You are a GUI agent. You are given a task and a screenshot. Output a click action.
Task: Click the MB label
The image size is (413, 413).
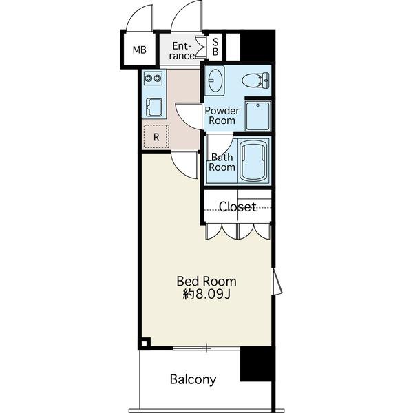tap(139, 50)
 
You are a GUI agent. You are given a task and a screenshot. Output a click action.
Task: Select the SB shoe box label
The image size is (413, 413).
tap(215, 47)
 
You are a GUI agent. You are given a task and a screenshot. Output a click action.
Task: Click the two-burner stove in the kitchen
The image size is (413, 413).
tap(153, 78)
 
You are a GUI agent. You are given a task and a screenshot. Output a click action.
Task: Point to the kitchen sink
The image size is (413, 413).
tap(154, 107)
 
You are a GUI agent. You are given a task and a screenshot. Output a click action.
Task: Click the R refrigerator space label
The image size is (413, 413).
tap(156, 137)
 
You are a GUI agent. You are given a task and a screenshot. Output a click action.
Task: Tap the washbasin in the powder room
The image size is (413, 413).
tap(215, 81)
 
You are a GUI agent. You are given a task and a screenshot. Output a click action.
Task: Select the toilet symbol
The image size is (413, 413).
tap(255, 81)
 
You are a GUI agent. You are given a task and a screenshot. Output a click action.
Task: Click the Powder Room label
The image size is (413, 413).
tap(222, 116)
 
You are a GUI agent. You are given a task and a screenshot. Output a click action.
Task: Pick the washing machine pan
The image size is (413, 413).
tap(258, 116)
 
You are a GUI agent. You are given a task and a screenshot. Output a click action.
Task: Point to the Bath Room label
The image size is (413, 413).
tap(222, 162)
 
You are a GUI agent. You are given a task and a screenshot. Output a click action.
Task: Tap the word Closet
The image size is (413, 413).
tap(237, 206)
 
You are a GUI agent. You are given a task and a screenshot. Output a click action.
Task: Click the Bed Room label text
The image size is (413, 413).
tap(206, 282)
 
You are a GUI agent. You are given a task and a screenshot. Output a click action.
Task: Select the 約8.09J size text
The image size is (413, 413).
tap(207, 295)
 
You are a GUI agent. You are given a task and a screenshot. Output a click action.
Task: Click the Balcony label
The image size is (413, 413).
tap(193, 379)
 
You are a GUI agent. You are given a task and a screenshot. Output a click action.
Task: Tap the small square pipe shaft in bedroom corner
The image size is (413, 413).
tap(145, 343)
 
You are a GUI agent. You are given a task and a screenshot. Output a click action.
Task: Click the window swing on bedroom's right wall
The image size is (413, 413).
tap(277, 282)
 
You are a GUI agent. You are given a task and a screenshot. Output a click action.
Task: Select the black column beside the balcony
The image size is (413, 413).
tap(256, 365)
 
